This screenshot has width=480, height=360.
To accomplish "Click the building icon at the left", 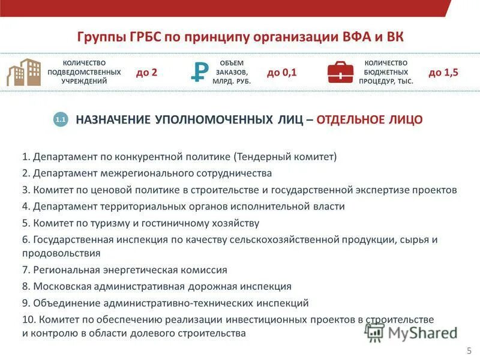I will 23,72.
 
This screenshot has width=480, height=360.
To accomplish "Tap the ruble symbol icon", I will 199,72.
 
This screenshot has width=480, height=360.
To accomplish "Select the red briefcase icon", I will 340,72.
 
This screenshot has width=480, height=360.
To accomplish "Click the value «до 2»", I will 146,72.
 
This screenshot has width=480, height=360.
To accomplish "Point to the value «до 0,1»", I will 282,72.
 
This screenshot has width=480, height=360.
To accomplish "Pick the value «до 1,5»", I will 443,72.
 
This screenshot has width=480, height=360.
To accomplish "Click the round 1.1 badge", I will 61,120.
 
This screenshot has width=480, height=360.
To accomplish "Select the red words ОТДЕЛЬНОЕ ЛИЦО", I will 369,120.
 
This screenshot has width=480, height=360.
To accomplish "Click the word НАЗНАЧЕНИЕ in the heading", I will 113,120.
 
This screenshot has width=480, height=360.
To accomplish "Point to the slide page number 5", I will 469,350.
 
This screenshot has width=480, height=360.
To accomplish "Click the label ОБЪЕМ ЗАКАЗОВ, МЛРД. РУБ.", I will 231,72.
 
